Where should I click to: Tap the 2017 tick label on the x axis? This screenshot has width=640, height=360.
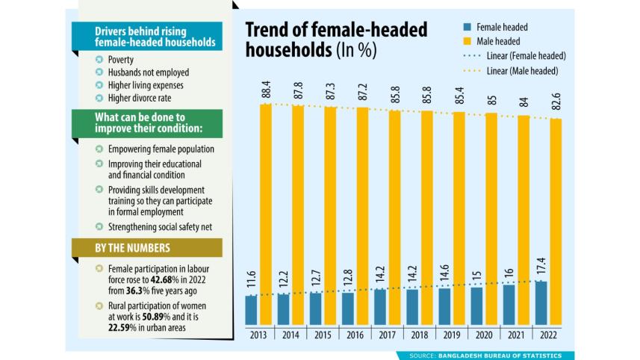tap(387, 335)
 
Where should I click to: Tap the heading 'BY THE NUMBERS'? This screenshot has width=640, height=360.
tap(132, 248)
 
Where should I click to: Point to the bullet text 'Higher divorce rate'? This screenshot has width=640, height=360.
tap(143, 97)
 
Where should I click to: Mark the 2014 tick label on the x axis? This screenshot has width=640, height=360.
tap(290, 335)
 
